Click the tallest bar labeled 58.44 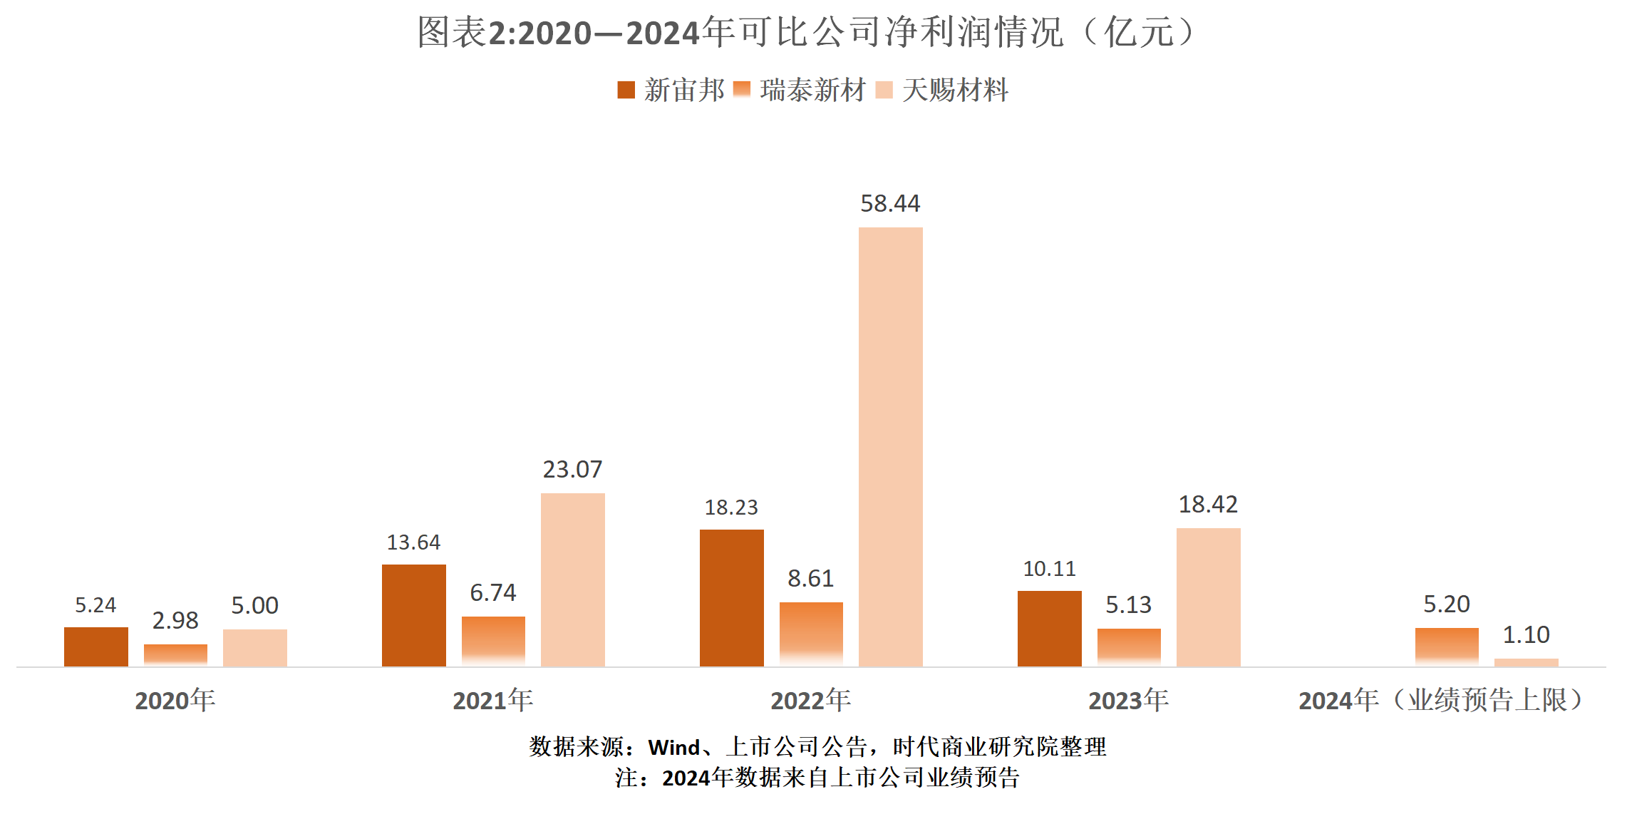pyautogui.click(x=890, y=447)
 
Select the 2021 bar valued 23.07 pyautogui.click(x=572, y=580)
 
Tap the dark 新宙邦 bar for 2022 pyautogui.click(x=731, y=598)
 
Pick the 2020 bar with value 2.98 pyautogui.click(x=175, y=655)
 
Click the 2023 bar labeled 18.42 pyautogui.click(x=1208, y=597)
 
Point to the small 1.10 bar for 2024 pyautogui.click(x=1526, y=663)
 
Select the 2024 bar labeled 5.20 pyautogui.click(x=1447, y=647)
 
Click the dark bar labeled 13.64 pyautogui.click(x=413, y=615)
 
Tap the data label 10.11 pyautogui.click(x=1049, y=569)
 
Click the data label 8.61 pyautogui.click(x=810, y=578)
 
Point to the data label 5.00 pyautogui.click(x=254, y=605)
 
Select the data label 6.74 pyautogui.click(x=492, y=592)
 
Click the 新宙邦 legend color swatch pyautogui.click(x=626, y=90)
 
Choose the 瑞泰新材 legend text pyautogui.click(x=812, y=91)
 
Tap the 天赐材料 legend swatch pyautogui.click(x=884, y=90)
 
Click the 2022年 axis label pyautogui.click(x=810, y=700)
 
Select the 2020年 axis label pyautogui.click(x=175, y=700)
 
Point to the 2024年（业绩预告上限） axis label pyautogui.click(x=1440, y=700)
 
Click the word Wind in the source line pyautogui.click(x=673, y=747)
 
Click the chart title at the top pyautogui.click(x=809, y=33)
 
